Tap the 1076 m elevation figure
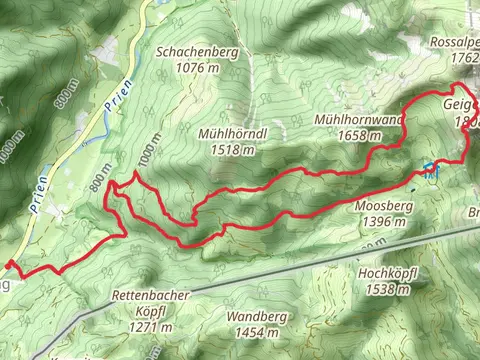[195, 68]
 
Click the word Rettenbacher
[151, 298]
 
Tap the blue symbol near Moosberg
[429, 169]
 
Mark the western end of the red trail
[9, 264]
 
